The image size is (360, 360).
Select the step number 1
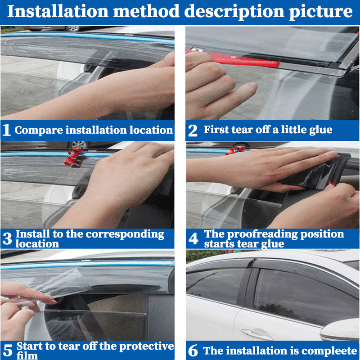point(6,130)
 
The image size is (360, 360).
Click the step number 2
point(193,130)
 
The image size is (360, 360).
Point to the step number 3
point(7,239)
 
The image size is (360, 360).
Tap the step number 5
point(7,350)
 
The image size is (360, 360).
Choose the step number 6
point(193,351)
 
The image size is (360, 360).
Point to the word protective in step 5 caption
point(149,346)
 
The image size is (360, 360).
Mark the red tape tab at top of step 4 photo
point(234,150)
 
